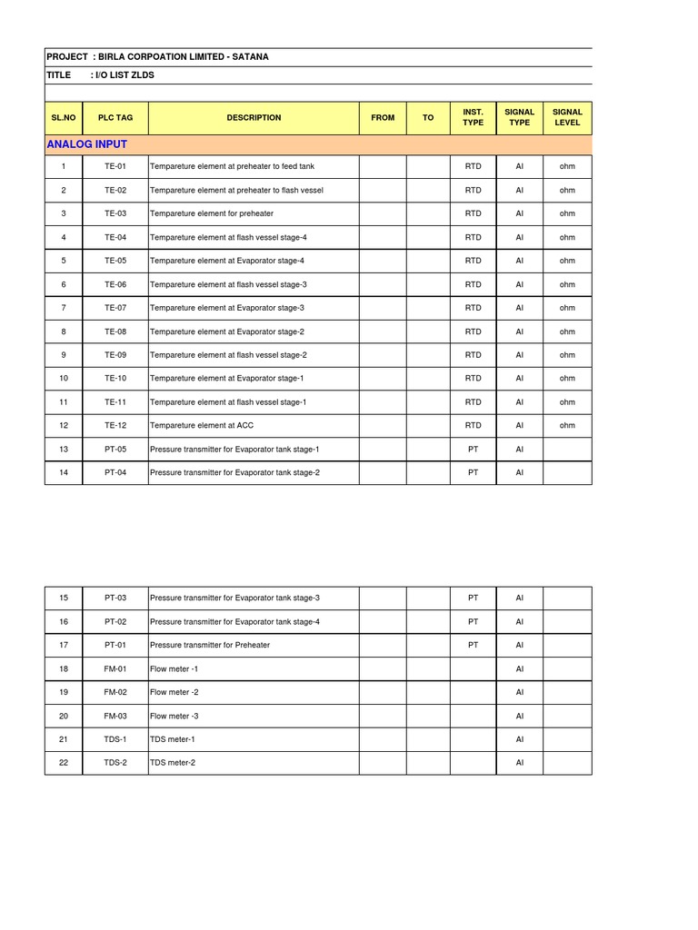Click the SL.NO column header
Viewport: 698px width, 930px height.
coord(64,118)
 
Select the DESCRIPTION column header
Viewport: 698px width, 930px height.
coord(254,118)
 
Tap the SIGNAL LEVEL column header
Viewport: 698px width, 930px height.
coord(567,117)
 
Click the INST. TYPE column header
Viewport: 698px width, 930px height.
coord(473,117)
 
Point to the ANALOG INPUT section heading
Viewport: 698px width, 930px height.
coord(86,144)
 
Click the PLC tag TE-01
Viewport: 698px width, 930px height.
coord(115,167)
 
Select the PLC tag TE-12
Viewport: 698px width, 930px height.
coord(115,425)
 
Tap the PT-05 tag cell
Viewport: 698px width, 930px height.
coord(115,449)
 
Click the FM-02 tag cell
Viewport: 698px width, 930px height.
coord(115,692)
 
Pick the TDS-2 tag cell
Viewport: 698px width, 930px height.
coord(115,763)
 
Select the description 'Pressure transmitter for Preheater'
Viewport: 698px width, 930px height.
coord(210,645)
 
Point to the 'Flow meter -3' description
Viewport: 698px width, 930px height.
coord(174,716)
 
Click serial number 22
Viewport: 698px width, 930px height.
coord(64,763)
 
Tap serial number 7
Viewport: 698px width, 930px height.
coord(64,308)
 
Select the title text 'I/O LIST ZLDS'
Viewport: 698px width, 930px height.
coord(126,75)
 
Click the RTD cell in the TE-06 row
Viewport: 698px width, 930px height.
coord(473,284)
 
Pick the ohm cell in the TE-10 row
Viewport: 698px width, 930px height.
coord(567,378)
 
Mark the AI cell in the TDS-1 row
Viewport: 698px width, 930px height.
coord(520,739)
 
